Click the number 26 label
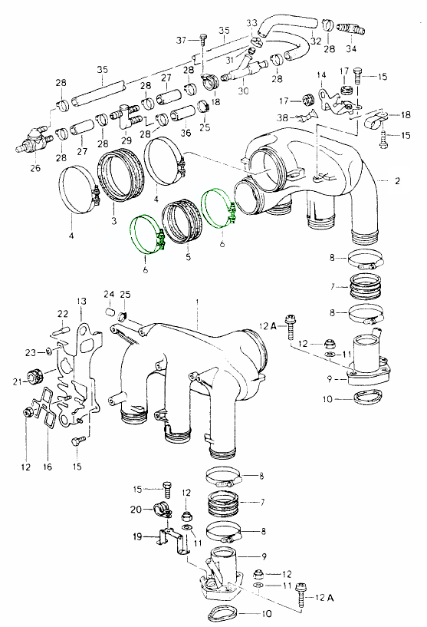(x=35, y=168)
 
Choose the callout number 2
(x=397, y=181)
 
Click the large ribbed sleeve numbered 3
(x=122, y=174)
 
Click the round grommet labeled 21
(x=34, y=378)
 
